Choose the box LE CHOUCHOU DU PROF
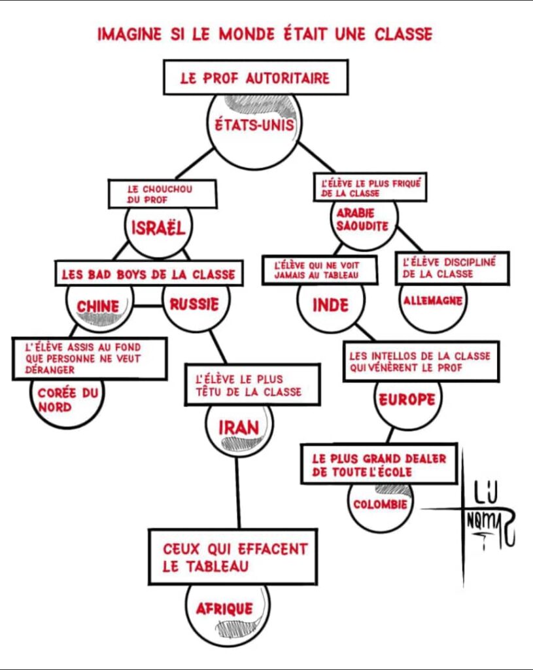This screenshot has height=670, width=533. point(162,194)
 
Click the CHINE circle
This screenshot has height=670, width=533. point(98,307)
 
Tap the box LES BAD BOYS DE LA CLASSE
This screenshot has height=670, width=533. point(148,274)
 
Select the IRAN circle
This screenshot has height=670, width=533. point(239,429)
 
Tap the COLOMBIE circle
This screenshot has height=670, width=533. point(381,506)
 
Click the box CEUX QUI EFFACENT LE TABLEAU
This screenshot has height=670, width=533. point(233,556)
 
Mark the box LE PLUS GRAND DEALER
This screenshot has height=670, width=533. point(379,465)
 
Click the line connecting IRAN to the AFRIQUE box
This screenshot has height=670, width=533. point(237,491)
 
